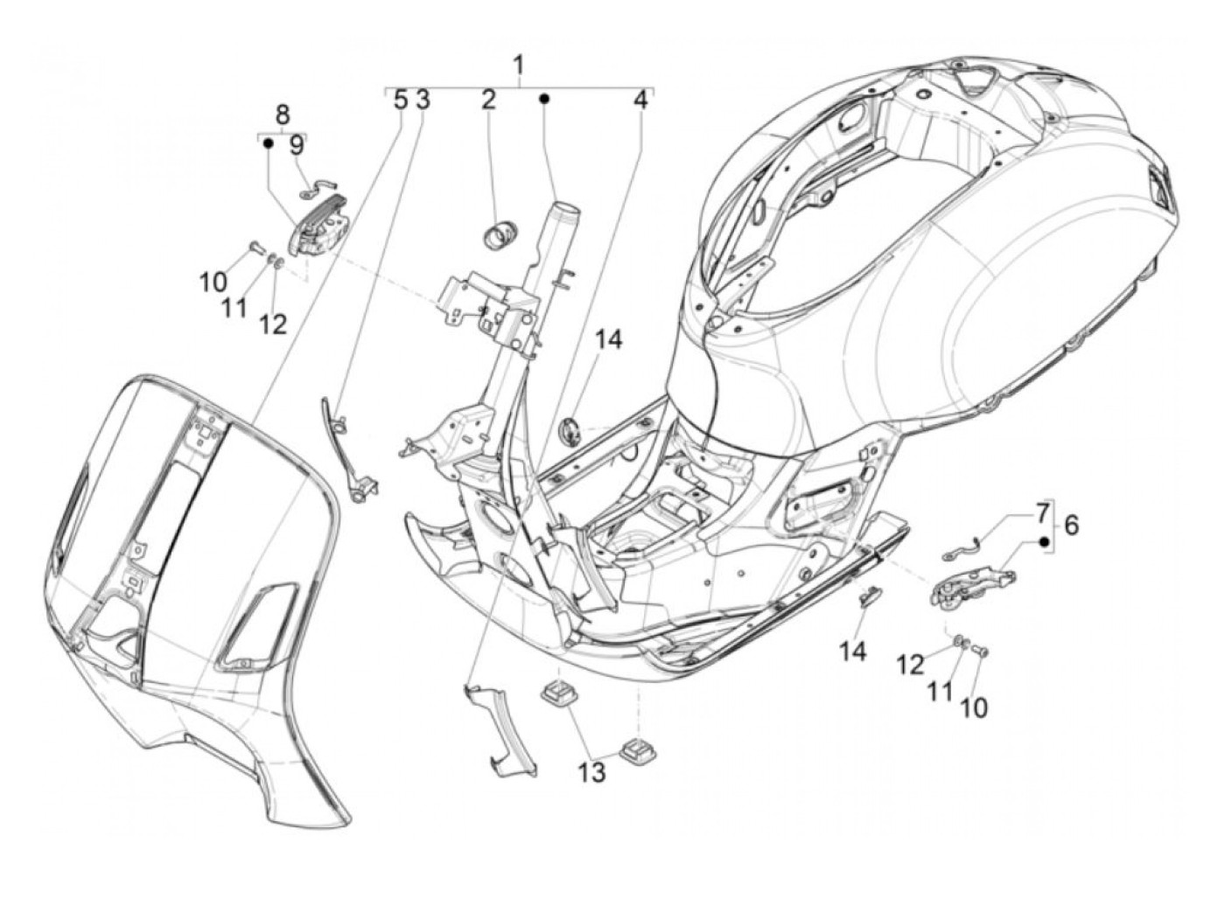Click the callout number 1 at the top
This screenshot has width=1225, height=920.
tap(519, 66)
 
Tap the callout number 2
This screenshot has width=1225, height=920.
tap(487, 99)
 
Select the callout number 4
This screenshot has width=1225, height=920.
tap(641, 100)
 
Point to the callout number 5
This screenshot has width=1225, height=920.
tap(400, 99)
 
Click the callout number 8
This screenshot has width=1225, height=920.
tap(282, 115)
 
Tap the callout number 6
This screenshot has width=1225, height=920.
tap(1071, 526)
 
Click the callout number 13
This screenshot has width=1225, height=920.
tap(592, 772)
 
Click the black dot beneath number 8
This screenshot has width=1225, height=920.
tap(269, 143)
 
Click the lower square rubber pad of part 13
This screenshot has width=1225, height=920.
tap(631, 749)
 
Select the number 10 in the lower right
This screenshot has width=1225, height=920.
tap(973, 707)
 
